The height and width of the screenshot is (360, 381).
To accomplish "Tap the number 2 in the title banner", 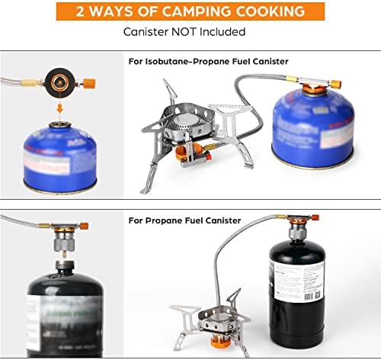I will [85, 12].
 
